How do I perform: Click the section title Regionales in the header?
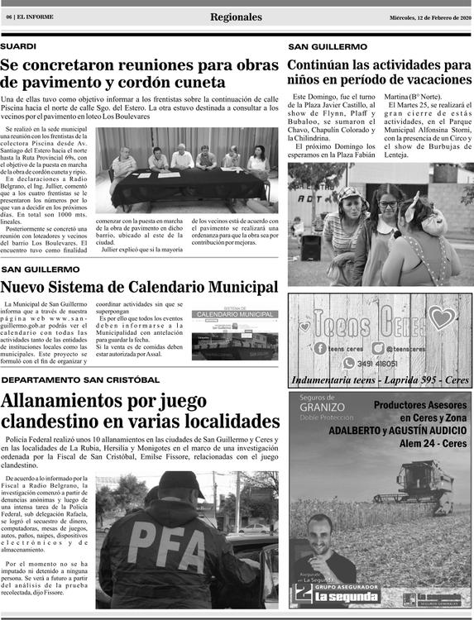[x=236, y=17]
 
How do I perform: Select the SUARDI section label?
[x=18, y=47]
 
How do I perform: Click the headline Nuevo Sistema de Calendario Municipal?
[x=139, y=287]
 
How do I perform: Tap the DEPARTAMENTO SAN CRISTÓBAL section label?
[x=80, y=379]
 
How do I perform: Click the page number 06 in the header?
[x=8, y=17]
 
